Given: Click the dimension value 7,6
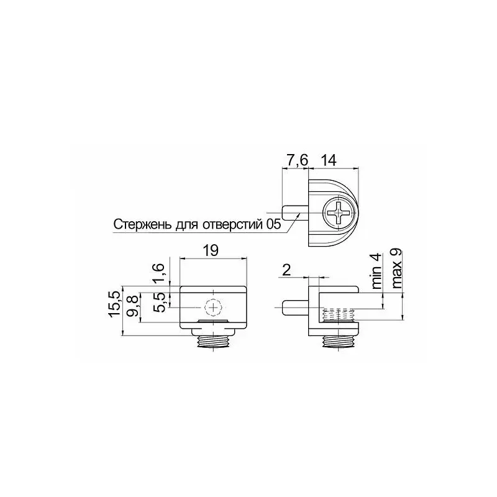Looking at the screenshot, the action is point(298,160).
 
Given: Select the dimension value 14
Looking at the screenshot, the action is point(329,160).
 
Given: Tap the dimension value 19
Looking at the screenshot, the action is point(211,250).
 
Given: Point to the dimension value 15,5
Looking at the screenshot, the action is point(115,304).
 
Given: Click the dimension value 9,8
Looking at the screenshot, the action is point(134,305).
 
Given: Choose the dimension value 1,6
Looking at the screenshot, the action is point(160,273).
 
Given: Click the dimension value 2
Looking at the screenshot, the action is point(286,270).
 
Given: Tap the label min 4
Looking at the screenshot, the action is point(376,271).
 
